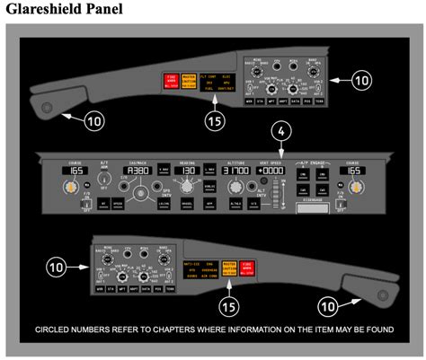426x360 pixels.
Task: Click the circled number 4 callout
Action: (x=282, y=131)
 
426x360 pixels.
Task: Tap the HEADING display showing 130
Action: (x=189, y=170)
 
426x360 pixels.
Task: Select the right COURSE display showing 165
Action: (x=355, y=170)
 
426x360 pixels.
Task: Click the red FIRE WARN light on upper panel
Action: (x=168, y=82)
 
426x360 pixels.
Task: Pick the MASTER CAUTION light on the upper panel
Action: (x=187, y=82)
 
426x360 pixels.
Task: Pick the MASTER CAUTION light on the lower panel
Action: (x=227, y=267)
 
